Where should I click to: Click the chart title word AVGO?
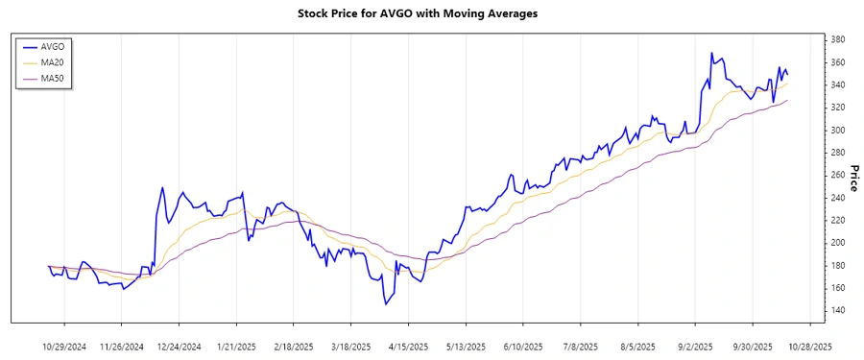(400, 14)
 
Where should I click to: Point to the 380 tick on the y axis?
(837, 39)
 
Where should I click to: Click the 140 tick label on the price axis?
(837, 310)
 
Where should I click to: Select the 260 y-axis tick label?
(837, 175)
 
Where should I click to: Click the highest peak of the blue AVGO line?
(711, 53)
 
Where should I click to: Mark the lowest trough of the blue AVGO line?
(386, 304)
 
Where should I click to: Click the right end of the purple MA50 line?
(787, 101)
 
